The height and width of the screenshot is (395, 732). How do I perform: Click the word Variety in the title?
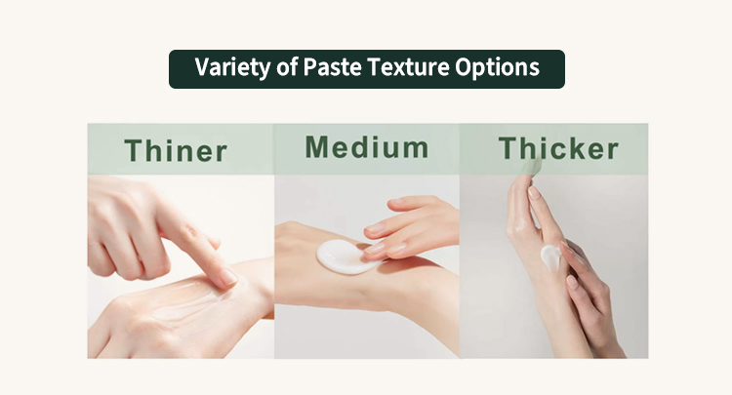click(x=232, y=67)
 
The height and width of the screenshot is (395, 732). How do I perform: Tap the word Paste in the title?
click(x=332, y=67)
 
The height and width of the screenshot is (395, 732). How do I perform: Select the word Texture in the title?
click(x=408, y=67)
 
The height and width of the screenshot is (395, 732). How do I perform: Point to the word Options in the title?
click(x=497, y=67)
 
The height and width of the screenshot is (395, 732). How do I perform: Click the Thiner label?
click(x=176, y=150)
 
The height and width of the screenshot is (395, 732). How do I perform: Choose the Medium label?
click(x=366, y=147)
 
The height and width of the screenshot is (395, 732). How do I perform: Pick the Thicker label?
click(x=558, y=148)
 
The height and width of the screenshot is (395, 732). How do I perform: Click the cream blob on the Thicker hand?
click(x=550, y=257)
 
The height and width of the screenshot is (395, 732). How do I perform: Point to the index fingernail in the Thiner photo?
click(x=228, y=277)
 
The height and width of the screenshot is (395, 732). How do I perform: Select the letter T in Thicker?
click(x=508, y=148)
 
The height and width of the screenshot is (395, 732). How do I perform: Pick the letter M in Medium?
click(x=316, y=147)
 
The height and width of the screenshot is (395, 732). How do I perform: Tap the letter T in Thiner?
click(x=135, y=150)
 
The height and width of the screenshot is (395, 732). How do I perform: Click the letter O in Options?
click(x=463, y=67)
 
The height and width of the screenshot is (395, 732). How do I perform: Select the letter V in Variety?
click(x=203, y=67)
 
